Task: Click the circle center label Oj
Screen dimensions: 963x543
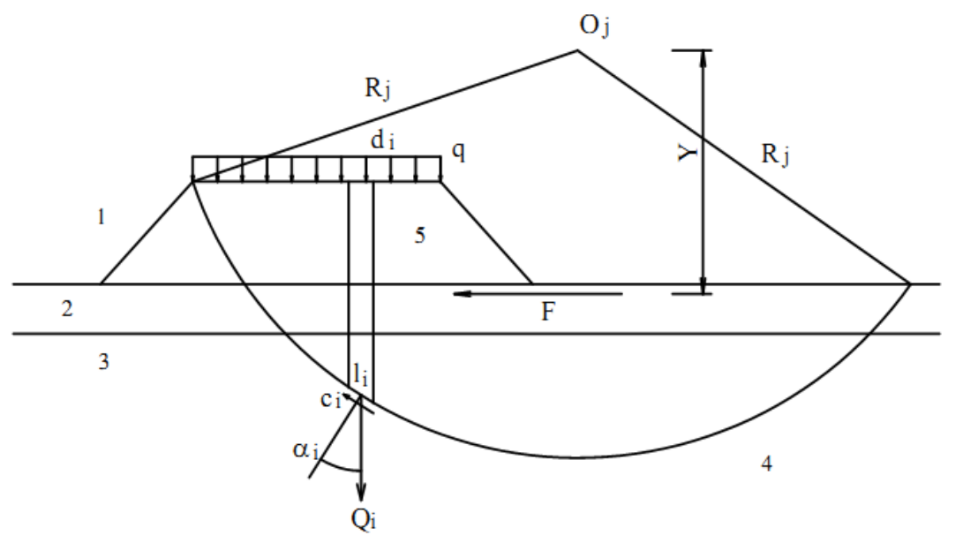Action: [x=594, y=26]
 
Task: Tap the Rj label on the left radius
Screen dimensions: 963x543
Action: [x=378, y=88]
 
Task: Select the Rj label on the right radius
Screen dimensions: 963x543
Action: [x=775, y=155]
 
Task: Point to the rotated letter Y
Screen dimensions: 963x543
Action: [x=688, y=152]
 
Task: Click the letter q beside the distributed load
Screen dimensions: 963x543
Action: [x=458, y=150]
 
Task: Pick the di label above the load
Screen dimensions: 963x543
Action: [x=382, y=140]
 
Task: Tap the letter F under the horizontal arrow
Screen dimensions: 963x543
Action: [x=548, y=313]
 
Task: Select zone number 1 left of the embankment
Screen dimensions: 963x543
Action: [x=102, y=217]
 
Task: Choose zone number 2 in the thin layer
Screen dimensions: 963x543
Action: [x=67, y=308]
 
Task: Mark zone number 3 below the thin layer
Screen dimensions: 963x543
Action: [x=104, y=362]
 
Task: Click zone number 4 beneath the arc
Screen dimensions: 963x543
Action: [x=766, y=464]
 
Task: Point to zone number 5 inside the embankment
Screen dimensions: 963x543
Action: [x=420, y=235]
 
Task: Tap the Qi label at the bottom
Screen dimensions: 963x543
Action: [x=364, y=520]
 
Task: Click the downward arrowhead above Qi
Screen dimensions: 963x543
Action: [x=361, y=492]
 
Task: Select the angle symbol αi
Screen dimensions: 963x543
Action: [x=305, y=451]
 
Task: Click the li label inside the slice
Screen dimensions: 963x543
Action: [x=360, y=374]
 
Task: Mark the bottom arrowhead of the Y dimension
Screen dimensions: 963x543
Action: [x=703, y=285]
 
